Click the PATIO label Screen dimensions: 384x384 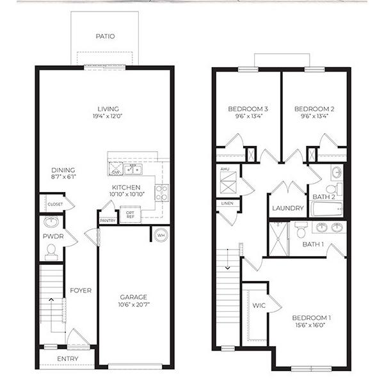(106, 36)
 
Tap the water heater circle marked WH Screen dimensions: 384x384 (161, 235)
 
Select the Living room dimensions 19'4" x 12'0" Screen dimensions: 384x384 (108, 116)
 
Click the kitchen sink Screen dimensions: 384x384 (132, 170)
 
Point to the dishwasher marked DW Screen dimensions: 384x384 (116, 169)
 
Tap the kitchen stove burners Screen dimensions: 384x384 (162, 193)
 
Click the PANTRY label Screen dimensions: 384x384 (108, 221)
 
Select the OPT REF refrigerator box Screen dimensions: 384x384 (131, 214)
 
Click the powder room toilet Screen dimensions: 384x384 (51, 252)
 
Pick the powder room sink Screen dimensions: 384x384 (51, 222)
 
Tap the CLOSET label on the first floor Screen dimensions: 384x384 (55, 204)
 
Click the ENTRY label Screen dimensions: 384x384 (68, 359)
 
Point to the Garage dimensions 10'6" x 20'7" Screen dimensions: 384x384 (134, 305)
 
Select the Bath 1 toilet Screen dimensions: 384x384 (301, 230)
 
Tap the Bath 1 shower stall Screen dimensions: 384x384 (278, 239)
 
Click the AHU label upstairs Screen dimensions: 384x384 (225, 169)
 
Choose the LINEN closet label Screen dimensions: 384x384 (227, 204)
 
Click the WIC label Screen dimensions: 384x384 (259, 306)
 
